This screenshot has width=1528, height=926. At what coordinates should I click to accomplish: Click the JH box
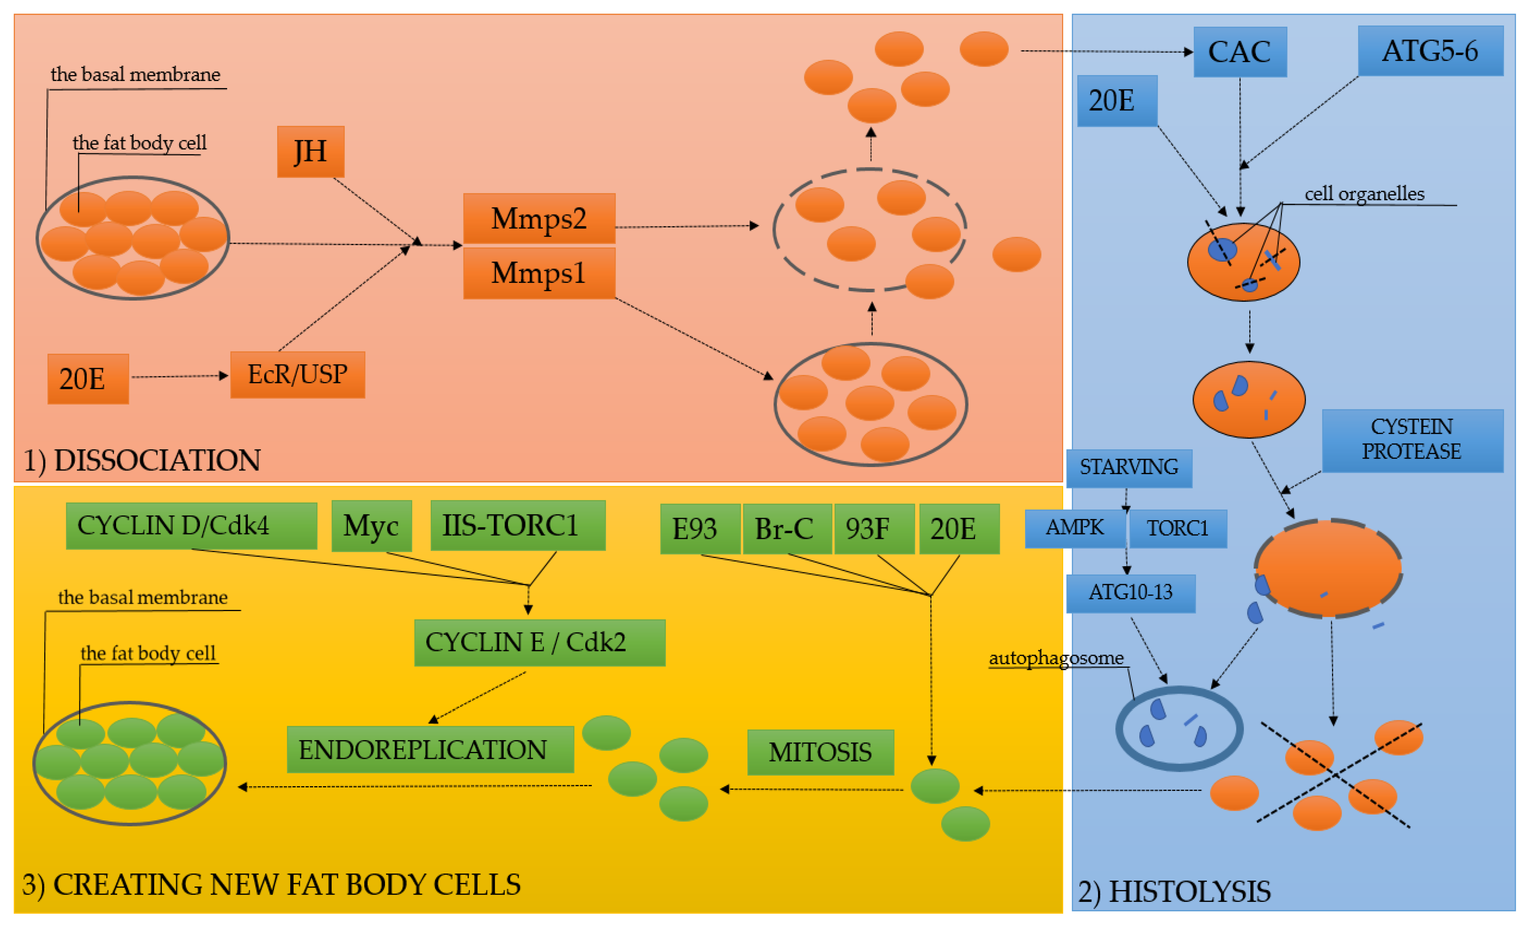coord(311,152)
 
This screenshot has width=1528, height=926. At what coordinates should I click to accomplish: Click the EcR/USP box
coord(298,375)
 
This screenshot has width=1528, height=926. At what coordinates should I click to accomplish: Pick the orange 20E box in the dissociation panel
coord(88,379)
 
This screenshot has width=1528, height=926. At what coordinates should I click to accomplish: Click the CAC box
coord(1240,52)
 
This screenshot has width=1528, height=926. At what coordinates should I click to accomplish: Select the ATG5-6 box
coord(1431,51)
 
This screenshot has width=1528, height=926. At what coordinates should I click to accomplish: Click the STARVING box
coord(1129,468)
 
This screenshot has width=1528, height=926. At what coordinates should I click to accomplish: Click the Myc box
coord(371,526)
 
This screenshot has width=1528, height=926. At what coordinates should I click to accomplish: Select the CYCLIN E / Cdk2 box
coord(540,642)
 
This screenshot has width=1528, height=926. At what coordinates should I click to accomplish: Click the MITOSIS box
coord(820,752)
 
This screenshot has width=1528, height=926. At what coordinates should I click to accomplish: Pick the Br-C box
coord(787,529)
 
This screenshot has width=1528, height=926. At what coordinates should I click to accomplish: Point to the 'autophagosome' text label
coord(1056,658)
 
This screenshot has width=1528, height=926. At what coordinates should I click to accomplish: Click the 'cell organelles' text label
coord(1365,194)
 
